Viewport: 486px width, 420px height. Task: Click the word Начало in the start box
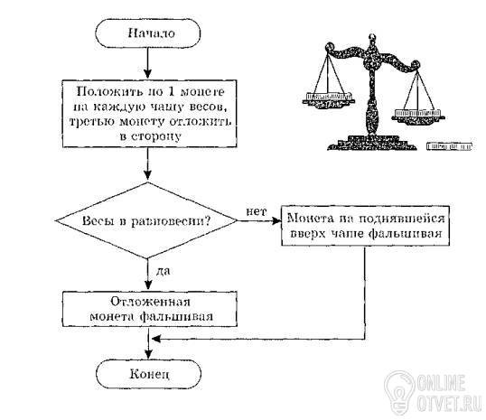click(x=152, y=33)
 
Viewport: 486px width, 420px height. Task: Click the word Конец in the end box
click(x=150, y=374)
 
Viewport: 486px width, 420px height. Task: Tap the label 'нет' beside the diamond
click(x=256, y=211)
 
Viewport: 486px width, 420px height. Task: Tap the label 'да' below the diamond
click(x=163, y=271)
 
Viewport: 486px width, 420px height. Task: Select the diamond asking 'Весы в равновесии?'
click(x=146, y=220)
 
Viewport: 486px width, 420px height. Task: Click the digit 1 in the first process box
click(x=170, y=91)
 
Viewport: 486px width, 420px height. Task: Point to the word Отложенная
click(x=151, y=302)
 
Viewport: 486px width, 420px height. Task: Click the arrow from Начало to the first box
click(x=148, y=63)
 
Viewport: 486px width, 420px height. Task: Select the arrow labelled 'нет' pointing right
click(x=258, y=220)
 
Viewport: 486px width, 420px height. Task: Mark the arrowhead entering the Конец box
click(x=149, y=354)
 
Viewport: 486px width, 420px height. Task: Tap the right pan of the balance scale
click(x=417, y=116)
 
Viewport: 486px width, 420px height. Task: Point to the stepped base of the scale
click(x=372, y=143)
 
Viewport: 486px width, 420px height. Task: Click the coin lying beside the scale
click(x=449, y=146)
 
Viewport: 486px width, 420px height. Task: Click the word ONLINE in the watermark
click(x=441, y=383)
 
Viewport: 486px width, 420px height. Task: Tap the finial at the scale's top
click(x=372, y=39)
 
